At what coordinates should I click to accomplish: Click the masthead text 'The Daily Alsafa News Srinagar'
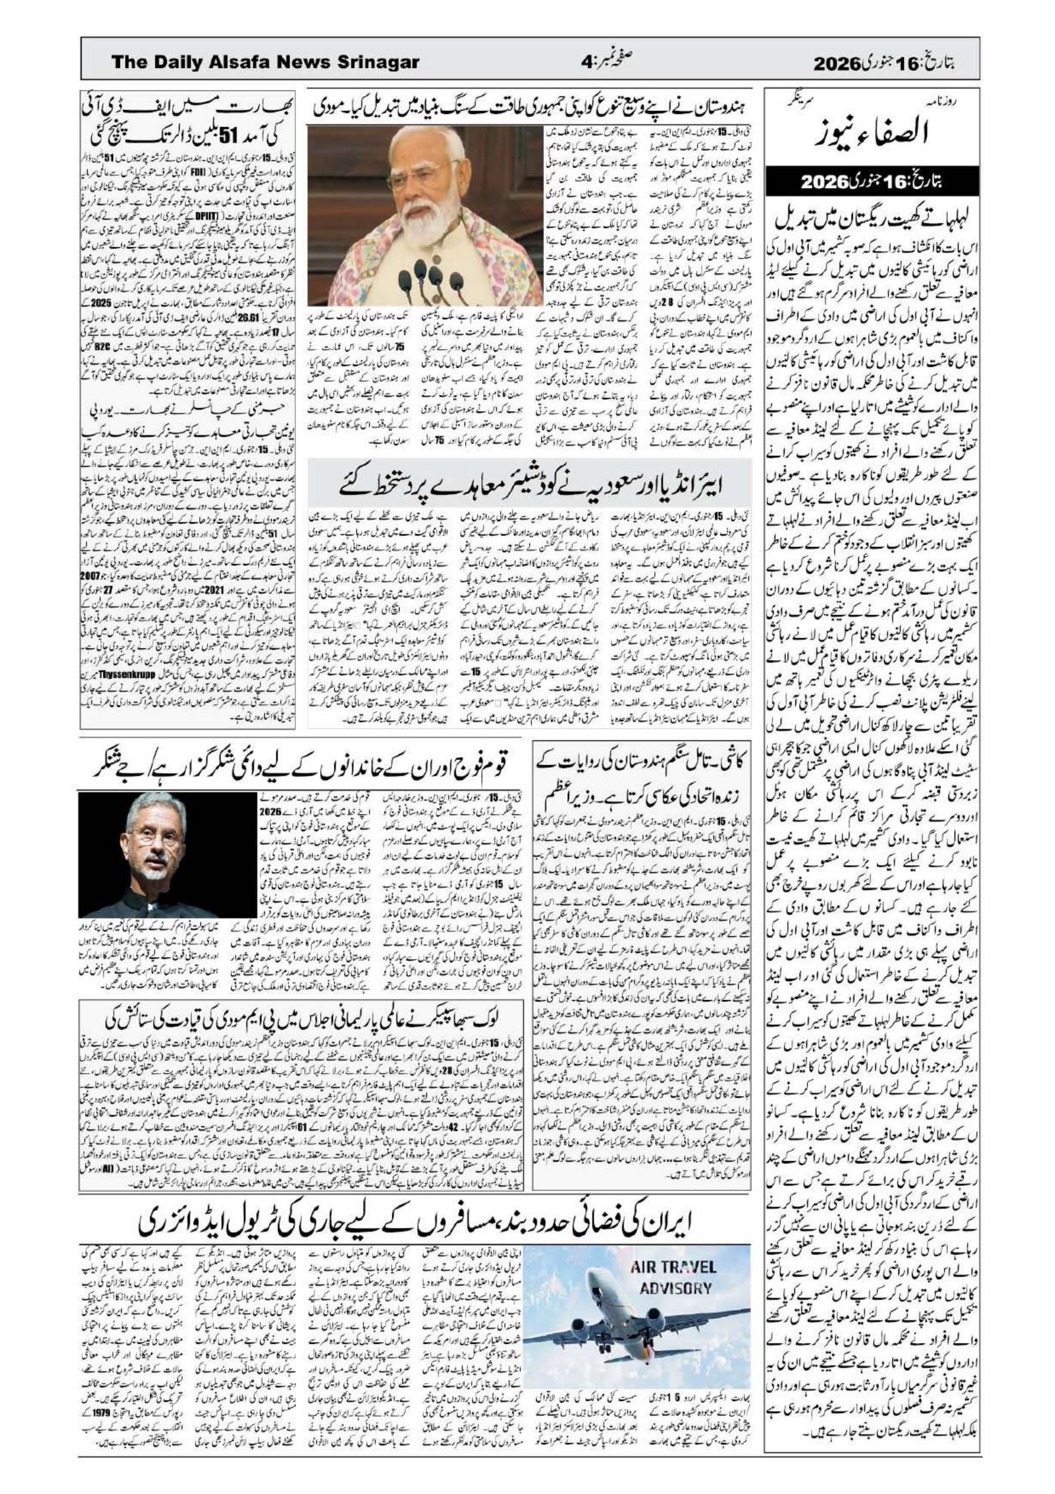(265, 63)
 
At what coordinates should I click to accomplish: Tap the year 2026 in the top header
(841, 64)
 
